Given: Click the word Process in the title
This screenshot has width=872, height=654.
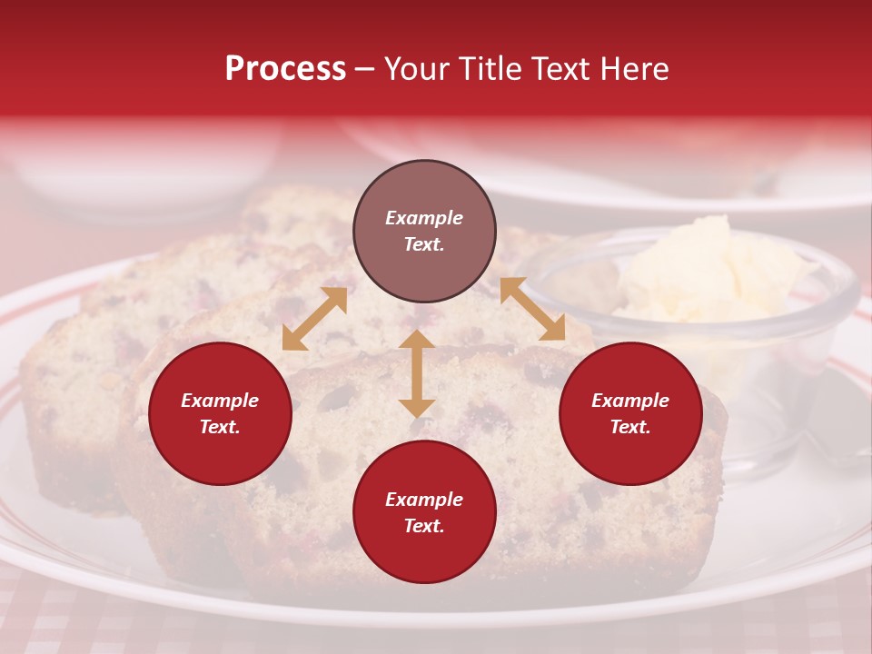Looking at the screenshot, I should [285, 69].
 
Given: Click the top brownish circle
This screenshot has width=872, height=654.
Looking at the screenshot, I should [424, 231].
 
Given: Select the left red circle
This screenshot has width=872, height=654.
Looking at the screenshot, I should [220, 414].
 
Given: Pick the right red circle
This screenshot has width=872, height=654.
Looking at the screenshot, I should [630, 414].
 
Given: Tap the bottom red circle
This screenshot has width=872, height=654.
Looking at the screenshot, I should [424, 512].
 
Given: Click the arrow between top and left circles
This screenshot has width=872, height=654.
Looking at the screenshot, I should [314, 318].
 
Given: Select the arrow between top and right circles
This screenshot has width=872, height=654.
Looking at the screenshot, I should [532, 310].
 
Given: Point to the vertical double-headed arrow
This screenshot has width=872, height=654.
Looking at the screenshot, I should [417, 373].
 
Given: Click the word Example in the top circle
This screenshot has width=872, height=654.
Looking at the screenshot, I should [424, 218].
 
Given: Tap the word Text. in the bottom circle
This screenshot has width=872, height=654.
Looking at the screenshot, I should [424, 526].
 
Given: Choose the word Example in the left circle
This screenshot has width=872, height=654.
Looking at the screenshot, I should [220, 401].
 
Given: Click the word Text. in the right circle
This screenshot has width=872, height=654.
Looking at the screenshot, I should [630, 427].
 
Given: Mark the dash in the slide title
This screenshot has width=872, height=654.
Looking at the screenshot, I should [365, 70].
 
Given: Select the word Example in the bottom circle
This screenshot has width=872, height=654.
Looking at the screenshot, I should [424, 500].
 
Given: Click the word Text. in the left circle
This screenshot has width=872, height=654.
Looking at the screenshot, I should [220, 427].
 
